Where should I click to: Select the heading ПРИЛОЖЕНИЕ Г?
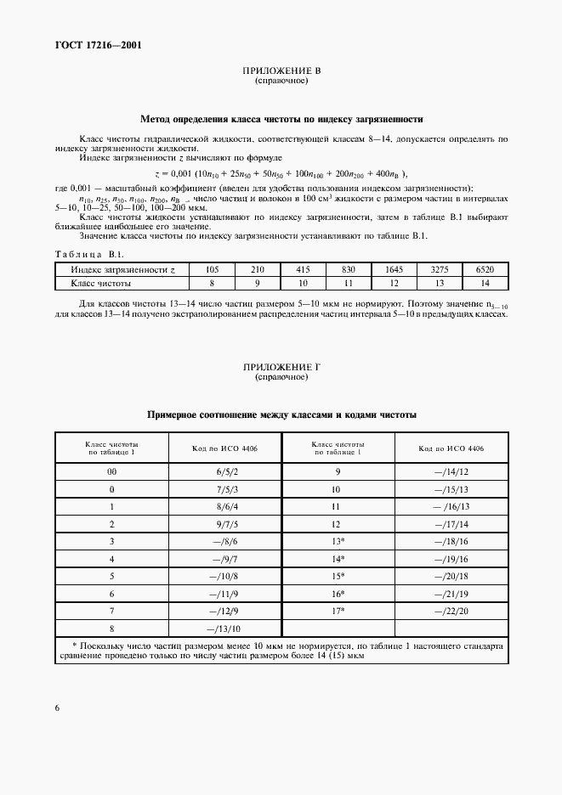tap(281, 367)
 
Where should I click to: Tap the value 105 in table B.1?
tap(213, 269)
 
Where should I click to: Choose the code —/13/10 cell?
tap(226, 629)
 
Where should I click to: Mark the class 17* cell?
tap(338, 610)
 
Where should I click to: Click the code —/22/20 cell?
tap(451, 610)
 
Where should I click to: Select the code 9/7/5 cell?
tap(226, 525)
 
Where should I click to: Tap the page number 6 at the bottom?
tap(57, 708)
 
